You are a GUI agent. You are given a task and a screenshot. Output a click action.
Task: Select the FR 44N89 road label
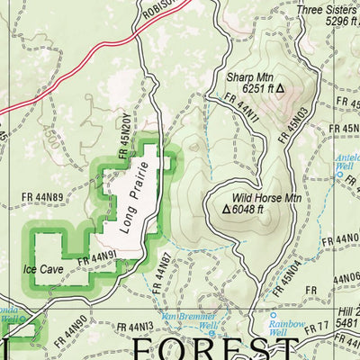[x=43, y=197]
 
